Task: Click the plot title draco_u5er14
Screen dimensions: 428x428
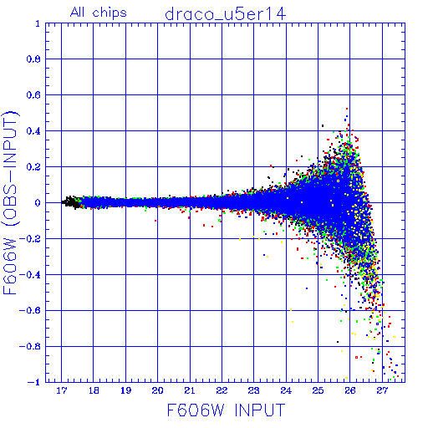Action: coord(226,14)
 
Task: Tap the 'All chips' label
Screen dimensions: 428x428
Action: coord(99,13)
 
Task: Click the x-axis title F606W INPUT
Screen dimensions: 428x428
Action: coord(226,410)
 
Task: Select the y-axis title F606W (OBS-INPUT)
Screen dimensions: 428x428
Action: coord(10,202)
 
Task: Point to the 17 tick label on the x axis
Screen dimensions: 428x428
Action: coord(62,390)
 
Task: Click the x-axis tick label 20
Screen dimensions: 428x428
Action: coord(158,390)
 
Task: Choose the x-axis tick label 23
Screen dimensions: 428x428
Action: coord(254,390)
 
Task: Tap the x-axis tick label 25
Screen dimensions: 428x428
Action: coord(318,390)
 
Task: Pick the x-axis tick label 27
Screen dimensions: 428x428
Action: coord(382,390)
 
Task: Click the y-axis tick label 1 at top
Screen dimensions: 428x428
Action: coord(38,23)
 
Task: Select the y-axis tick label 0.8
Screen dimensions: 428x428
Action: coord(33,59)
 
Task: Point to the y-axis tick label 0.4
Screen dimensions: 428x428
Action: coord(33,131)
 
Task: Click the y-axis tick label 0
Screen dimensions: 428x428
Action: coord(38,202)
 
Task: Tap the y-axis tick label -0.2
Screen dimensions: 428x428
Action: coord(30,239)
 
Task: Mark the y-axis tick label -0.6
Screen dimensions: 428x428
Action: coord(30,310)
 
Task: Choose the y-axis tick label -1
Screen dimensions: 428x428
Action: coord(34,382)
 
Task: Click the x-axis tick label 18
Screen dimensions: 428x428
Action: coord(94,390)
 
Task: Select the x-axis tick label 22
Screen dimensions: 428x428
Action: coord(222,390)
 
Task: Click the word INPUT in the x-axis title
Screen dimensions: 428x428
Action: coord(260,410)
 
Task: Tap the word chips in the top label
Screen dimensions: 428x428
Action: coord(110,13)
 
